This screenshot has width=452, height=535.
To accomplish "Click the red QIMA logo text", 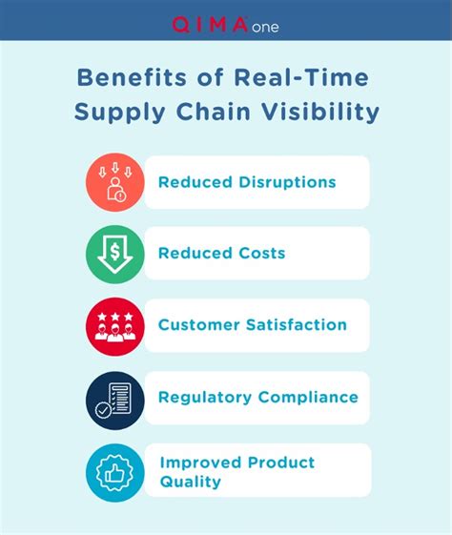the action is click(x=210, y=25).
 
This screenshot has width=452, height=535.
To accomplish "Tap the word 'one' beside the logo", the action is click(x=265, y=28).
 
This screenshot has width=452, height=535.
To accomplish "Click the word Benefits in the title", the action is click(x=132, y=77).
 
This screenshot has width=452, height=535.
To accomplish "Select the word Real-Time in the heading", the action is click(x=301, y=77).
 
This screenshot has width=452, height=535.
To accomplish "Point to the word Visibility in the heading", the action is click(x=320, y=113).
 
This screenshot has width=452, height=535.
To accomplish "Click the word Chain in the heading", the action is click(x=214, y=112).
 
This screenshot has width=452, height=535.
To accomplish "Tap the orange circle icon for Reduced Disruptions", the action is click(x=115, y=182).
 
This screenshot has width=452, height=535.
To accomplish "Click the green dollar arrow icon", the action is click(x=115, y=255).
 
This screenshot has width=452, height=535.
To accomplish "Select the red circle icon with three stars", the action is click(x=115, y=327).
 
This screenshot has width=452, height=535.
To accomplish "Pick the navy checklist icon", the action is click(x=115, y=401).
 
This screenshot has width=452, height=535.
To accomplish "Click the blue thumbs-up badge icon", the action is click(x=115, y=473).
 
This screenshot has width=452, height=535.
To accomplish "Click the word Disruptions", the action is click(x=287, y=182).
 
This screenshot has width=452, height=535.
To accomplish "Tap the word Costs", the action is click(x=262, y=253).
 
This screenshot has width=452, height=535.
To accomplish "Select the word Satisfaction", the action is click(x=297, y=324).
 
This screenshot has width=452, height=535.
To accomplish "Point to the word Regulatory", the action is click(x=205, y=398).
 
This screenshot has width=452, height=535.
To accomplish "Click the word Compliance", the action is click(x=308, y=397).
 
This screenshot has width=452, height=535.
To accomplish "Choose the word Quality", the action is click(x=191, y=483).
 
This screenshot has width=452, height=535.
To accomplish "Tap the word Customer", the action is click(x=199, y=324).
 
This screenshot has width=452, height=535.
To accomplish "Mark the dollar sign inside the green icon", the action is click(x=115, y=253).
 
